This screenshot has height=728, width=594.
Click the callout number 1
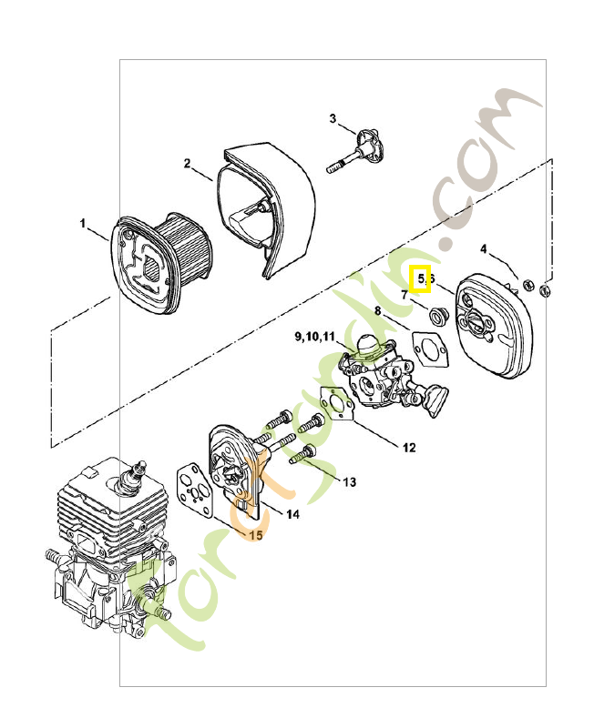point(82,223)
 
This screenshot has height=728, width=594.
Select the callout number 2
point(187,164)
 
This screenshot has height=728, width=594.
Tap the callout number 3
point(333,118)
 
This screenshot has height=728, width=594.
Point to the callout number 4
point(484,248)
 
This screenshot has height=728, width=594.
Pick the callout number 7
point(404,295)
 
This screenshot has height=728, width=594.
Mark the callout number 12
point(409,448)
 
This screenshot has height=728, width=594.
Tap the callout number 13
point(350,481)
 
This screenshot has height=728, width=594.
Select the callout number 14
point(293,514)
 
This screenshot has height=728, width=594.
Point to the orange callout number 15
point(256,536)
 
